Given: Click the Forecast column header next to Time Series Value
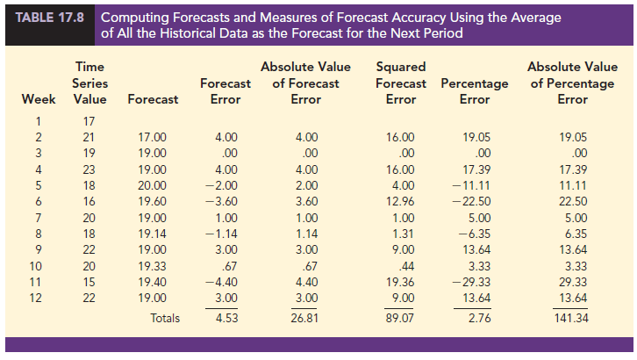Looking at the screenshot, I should pos(153,99).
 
